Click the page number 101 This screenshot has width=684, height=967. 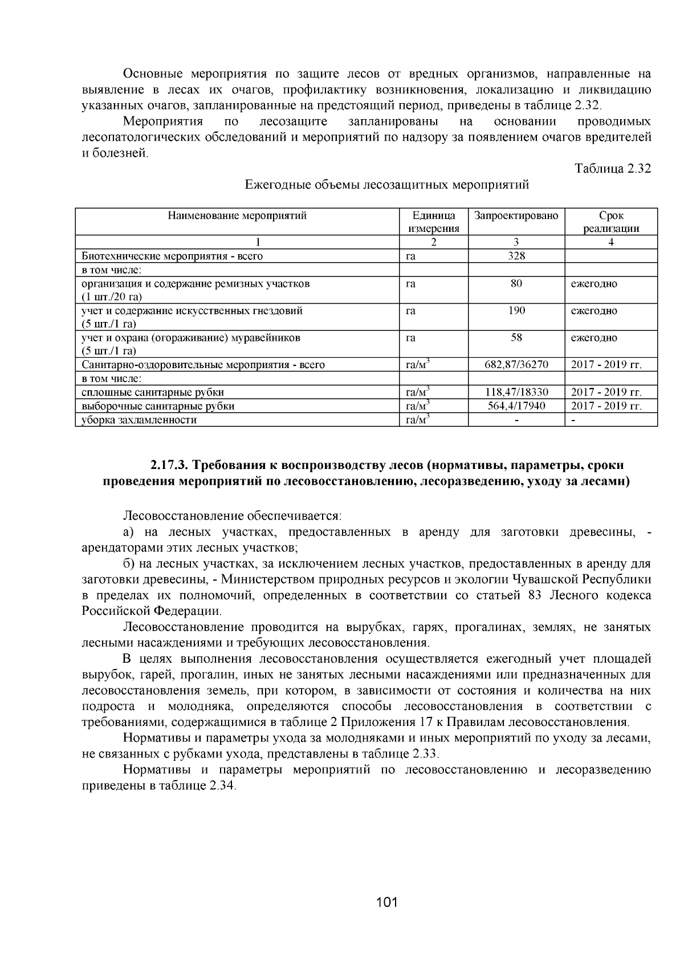[x=386, y=902]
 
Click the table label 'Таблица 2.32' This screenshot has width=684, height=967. [x=613, y=169]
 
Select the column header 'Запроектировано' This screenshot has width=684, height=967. [x=516, y=215]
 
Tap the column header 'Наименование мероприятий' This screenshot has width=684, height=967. [x=237, y=215]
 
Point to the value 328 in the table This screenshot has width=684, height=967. [x=516, y=256]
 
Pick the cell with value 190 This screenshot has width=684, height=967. [x=516, y=311]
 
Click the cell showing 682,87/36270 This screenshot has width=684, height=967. [x=516, y=365]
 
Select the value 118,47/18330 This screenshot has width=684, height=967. [x=516, y=392]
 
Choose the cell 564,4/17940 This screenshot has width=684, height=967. [x=516, y=406]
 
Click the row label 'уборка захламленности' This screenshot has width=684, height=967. [x=139, y=420]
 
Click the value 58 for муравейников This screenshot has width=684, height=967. [x=516, y=337]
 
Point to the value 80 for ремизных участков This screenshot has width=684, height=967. [x=516, y=283]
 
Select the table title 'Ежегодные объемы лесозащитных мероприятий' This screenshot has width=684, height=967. [x=386, y=185]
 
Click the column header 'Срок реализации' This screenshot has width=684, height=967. [x=610, y=222]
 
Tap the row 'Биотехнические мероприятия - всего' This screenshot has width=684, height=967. [x=172, y=256]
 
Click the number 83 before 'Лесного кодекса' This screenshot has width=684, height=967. [x=531, y=595]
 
